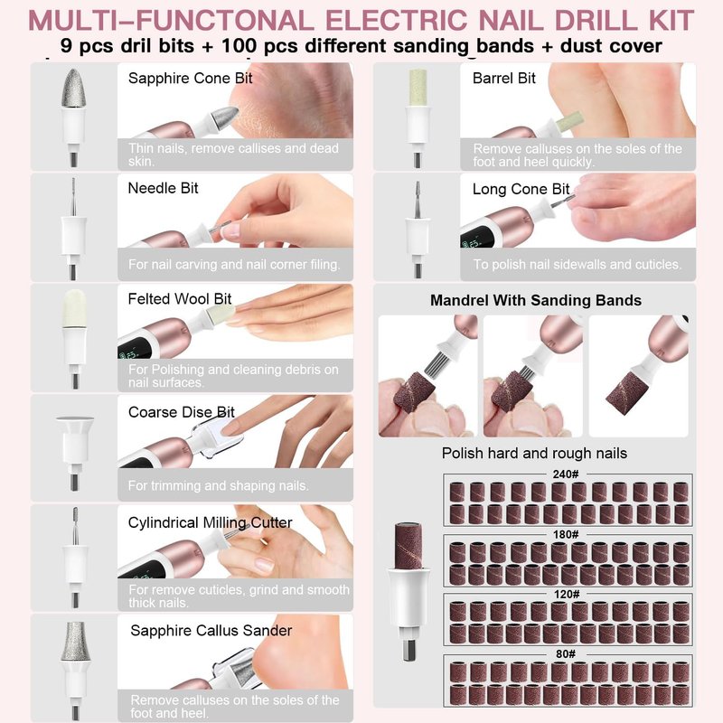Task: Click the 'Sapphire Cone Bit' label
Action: point(190,79)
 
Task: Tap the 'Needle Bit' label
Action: point(163,188)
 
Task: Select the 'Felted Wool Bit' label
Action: point(179,299)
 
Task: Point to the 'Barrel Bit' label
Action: point(504,79)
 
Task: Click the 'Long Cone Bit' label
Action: point(521,189)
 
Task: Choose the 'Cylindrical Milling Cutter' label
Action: point(210,522)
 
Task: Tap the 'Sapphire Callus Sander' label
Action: point(211,630)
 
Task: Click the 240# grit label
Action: point(566,474)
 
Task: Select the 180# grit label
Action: point(566,534)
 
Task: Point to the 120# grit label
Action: point(567,595)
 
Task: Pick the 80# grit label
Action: point(566,653)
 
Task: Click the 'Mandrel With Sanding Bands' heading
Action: point(536,301)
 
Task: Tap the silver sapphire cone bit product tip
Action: point(73,88)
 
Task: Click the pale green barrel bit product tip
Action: point(418,88)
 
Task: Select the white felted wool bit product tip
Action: point(74,308)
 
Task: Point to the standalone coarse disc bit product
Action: point(75,453)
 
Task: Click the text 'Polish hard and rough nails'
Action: point(534,454)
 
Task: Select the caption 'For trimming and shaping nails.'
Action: point(219,485)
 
